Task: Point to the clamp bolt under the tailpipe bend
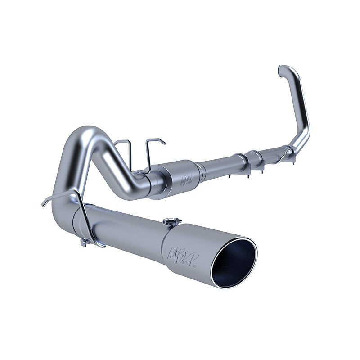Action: point(84,243)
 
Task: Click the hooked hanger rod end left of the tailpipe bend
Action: point(44,203)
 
